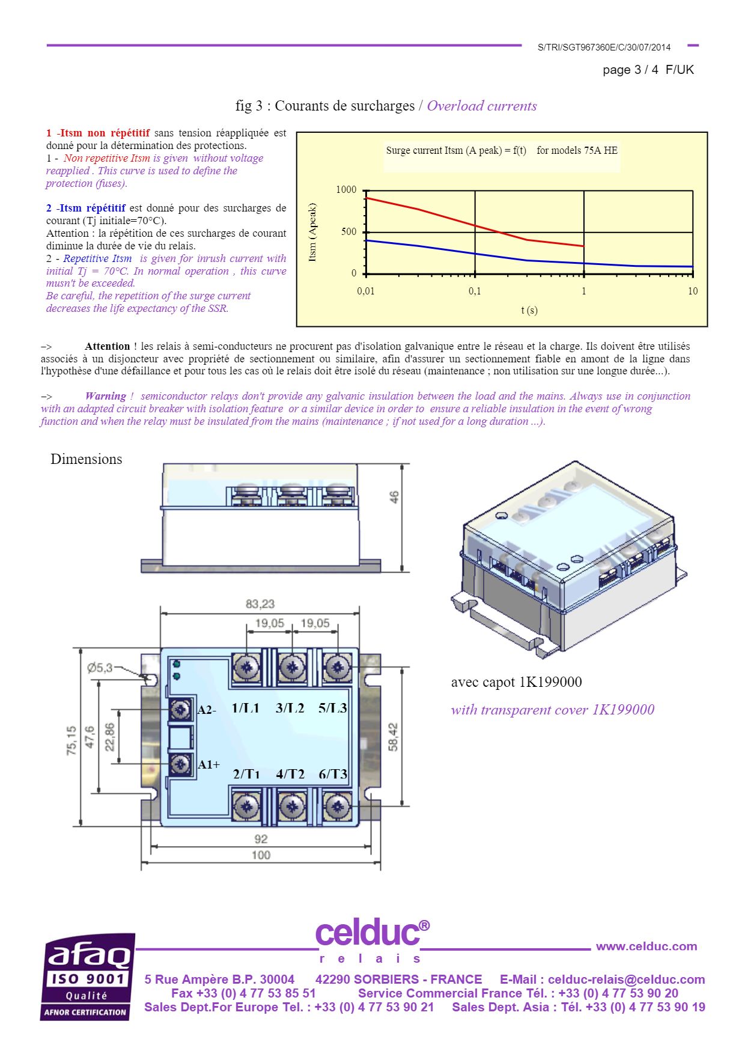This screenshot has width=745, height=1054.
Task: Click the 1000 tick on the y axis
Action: (x=346, y=190)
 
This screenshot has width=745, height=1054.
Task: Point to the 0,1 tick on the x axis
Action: (x=475, y=291)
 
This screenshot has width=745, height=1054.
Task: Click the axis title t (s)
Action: (x=529, y=311)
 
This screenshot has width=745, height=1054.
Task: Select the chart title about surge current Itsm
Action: (x=502, y=151)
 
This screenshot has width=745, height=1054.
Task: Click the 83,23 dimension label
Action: (x=260, y=604)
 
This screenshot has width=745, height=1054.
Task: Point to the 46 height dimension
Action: (x=394, y=498)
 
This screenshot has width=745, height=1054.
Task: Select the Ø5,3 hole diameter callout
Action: (x=100, y=668)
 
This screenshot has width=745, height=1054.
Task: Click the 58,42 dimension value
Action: (x=393, y=737)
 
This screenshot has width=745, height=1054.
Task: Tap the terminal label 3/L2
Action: (x=290, y=708)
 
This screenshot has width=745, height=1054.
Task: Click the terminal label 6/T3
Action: (x=333, y=774)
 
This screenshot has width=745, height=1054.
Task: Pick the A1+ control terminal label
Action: (x=208, y=764)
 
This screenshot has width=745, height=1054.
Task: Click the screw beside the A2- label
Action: (x=180, y=710)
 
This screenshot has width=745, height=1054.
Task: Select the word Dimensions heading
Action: (x=87, y=459)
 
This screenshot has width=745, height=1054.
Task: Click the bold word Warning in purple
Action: (x=106, y=396)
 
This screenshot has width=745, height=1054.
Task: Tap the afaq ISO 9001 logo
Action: (x=88, y=976)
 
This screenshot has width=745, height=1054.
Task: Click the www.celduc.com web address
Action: (x=646, y=946)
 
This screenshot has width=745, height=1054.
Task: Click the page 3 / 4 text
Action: (x=630, y=70)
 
